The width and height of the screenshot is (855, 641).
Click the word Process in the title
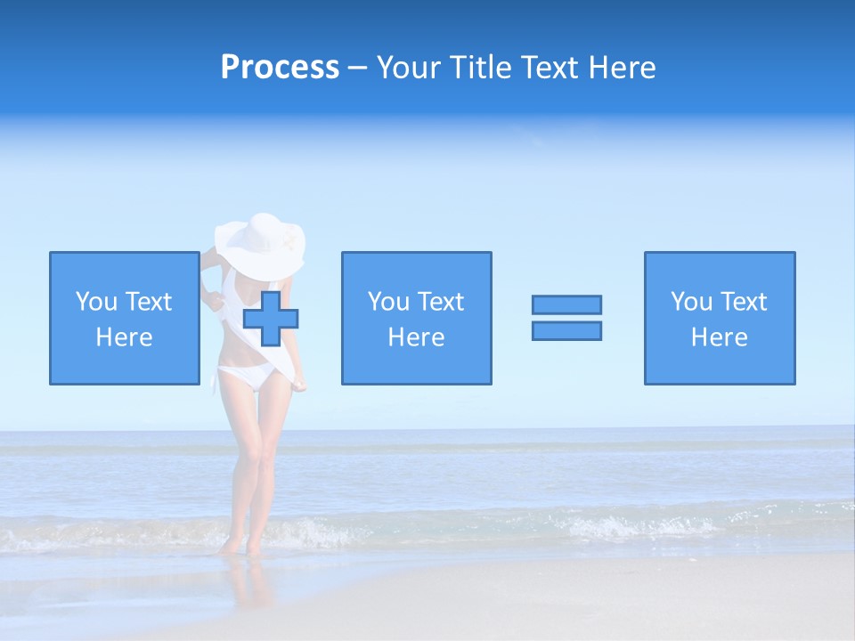[280, 68]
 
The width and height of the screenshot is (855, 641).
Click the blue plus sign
[271, 319]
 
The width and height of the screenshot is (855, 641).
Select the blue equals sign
[566, 318]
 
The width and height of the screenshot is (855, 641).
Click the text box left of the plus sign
[124, 318]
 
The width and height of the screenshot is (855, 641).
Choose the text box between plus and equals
[416, 318]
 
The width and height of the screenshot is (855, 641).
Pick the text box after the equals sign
[720, 318]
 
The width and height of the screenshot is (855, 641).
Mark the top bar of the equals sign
[566, 304]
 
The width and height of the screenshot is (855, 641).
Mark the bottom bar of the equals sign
[566, 330]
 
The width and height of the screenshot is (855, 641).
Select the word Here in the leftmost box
[124, 337]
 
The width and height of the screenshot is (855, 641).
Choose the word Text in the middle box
[441, 302]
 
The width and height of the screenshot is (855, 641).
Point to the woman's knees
[248, 463]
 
